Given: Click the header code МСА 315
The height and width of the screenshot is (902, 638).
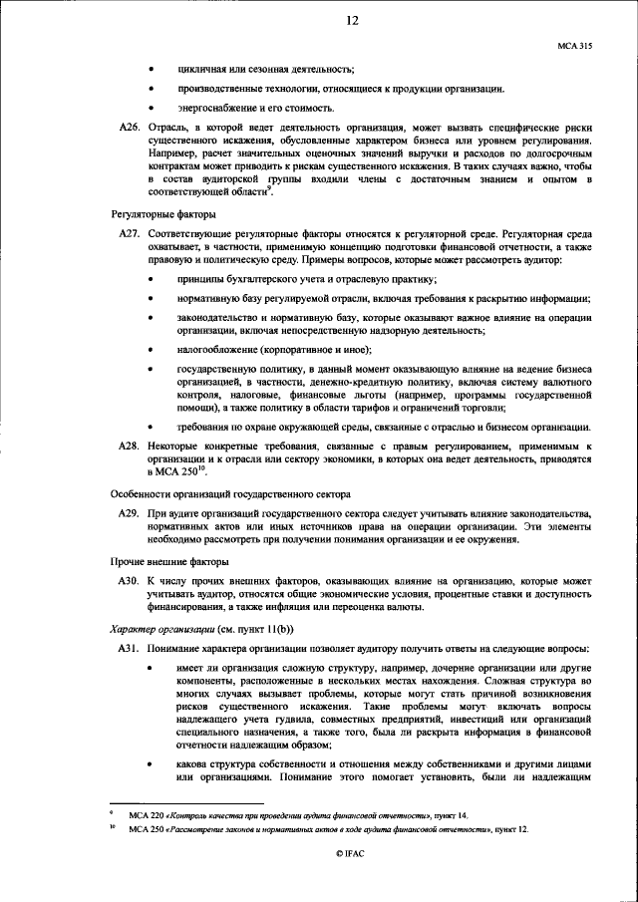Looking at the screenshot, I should tap(576, 46).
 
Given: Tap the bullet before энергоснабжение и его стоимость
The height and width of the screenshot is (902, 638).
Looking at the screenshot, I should tap(151, 109).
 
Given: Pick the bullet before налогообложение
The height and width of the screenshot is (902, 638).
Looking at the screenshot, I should tap(151, 350).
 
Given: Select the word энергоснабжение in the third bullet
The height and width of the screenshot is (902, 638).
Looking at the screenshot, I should tap(214, 109).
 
